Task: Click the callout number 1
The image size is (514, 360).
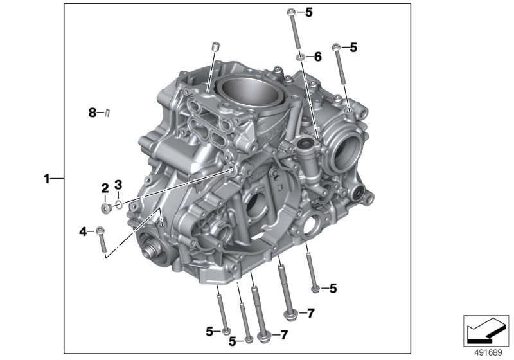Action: tap(47, 179)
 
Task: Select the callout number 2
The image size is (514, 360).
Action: tap(105, 188)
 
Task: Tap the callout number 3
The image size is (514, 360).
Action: tap(118, 184)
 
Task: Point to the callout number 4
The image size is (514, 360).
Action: tap(83, 232)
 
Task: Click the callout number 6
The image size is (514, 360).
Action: tap(318, 57)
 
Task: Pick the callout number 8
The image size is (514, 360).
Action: tap(92, 113)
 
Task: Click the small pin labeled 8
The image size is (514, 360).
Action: tap(107, 113)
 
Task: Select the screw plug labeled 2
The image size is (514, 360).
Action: tap(105, 208)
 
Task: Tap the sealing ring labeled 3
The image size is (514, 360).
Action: tap(119, 205)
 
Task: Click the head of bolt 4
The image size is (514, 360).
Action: tap(100, 231)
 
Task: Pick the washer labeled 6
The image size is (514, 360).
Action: tap(300, 58)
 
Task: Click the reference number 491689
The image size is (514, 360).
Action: tap(488, 353)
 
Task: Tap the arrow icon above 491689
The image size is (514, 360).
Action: tap(486, 330)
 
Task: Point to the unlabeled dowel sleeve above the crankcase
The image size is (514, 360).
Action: tap(215, 47)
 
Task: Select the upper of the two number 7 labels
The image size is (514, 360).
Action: tap(311, 313)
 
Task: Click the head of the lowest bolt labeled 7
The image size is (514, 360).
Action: tap(263, 337)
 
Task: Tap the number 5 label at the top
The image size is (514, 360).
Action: tap(309, 13)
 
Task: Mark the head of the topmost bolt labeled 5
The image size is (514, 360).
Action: tap(291, 13)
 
